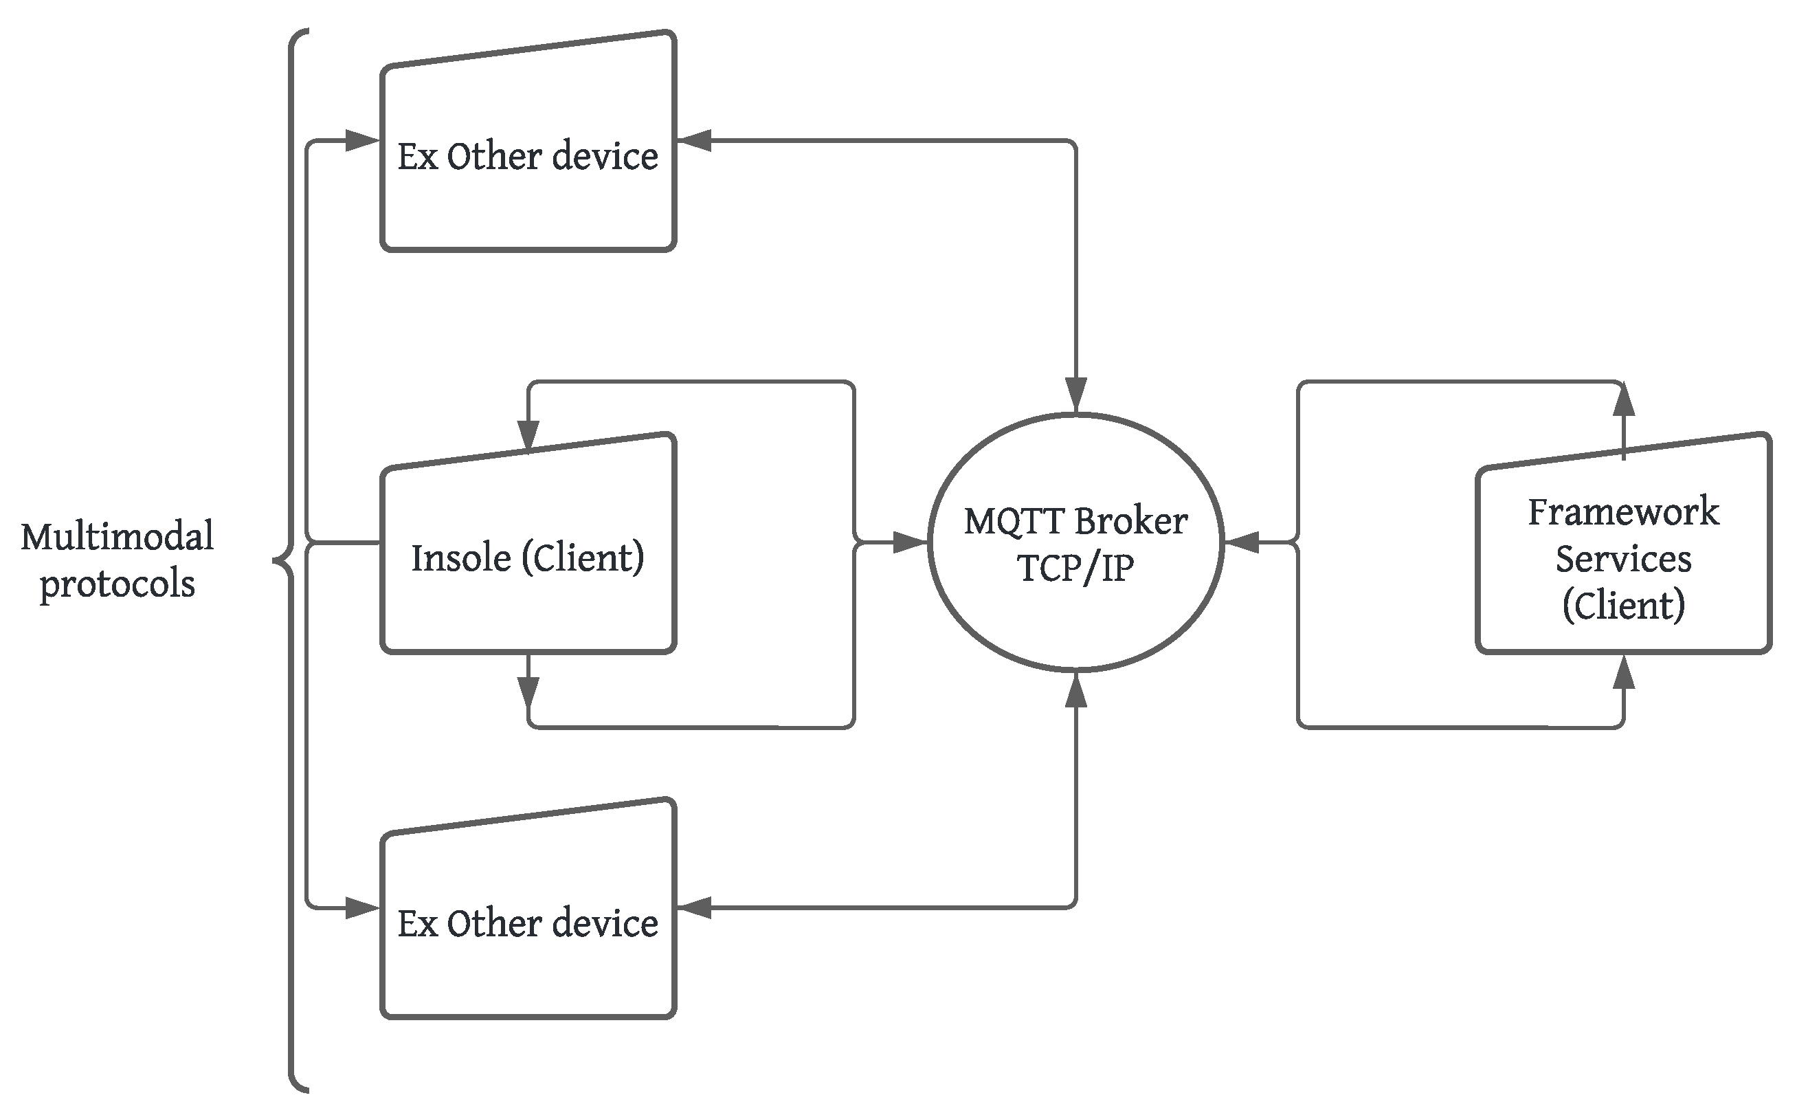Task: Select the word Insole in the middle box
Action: [460, 558]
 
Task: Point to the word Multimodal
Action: [117, 536]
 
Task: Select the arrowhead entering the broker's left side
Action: [910, 543]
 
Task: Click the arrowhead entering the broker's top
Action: [1076, 395]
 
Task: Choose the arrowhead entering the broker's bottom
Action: [1076, 690]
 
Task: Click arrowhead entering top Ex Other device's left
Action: [361, 141]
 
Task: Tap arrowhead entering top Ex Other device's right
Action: [694, 141]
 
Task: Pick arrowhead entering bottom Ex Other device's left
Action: [361, 908]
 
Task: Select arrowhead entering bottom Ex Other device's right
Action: [694, 908]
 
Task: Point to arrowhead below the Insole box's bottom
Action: [528, 692]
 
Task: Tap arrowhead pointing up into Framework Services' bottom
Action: [1623, 673]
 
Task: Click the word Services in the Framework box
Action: [1622, 560]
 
